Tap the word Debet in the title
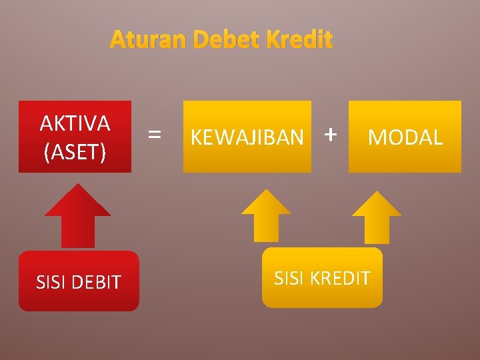tap(227, 41)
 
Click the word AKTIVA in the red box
tap(75, 123)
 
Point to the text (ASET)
tap(75, 153)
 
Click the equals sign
tap(154, 135)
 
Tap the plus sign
tap(329, 135)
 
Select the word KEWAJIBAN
tap(247, 137)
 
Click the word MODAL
tap(405, 137)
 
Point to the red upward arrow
tap(77, 215)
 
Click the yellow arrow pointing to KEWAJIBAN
tap(265, 215)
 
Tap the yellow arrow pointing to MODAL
tap(376, 217)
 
